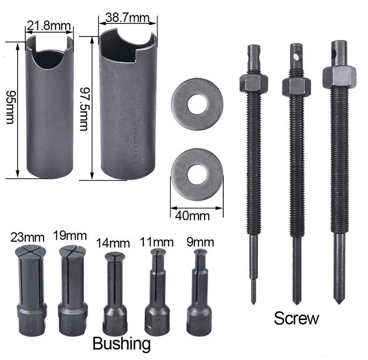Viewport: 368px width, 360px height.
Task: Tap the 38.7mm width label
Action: click(127, 18)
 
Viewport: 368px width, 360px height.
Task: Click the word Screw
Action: click(296, 318)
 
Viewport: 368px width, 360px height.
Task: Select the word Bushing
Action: click(121, 343)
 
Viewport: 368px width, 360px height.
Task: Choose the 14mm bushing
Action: click(115, 292)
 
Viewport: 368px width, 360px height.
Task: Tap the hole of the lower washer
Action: click(197, 173)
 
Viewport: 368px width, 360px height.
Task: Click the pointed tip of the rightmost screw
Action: click(339, 299)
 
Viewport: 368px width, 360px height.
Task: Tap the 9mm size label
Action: click(200, 242)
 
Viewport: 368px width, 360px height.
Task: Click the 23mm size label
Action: click(27, 238)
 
